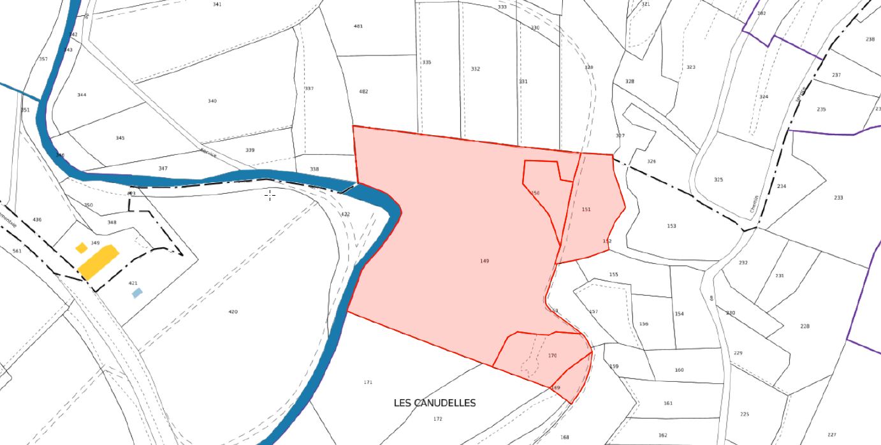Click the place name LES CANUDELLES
pyautogui.click(x=435, y=403)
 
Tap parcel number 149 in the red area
pyautogui.click(x=484, y=261)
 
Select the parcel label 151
pyautogui.click(x=586, y=209)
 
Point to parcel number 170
pyautogui.click(x=552, y=356)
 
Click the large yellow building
pyautogui.click(x=99, y=262)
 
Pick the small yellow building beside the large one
pyautogui.click(x=81, y=247)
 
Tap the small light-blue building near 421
pyautogui.click(x=137, y=293)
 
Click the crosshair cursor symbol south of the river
pyautogui.click(x=270, y=195)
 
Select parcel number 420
pyautogui.click(x=233, y=312)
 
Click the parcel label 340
pyautogui.click(x=212, y=101)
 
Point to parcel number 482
pyautogui.click(x=363, y=91)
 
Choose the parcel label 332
pyautogui.click(x=476, y=69)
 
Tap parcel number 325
pyautogui.click(x=718, y=180)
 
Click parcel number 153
pyautogui.click(x=671, y=226)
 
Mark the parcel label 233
pyautogui.click(x=838, y=198)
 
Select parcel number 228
pyautogui.click(x=805, y=326)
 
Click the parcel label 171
pyautogui.click(x=368, y=383)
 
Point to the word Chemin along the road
pyautogui.click(x=754, y=204)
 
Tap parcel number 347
pyautogui.click(x=163, y=168)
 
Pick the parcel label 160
pyautogui.click(x=679, y=370)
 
